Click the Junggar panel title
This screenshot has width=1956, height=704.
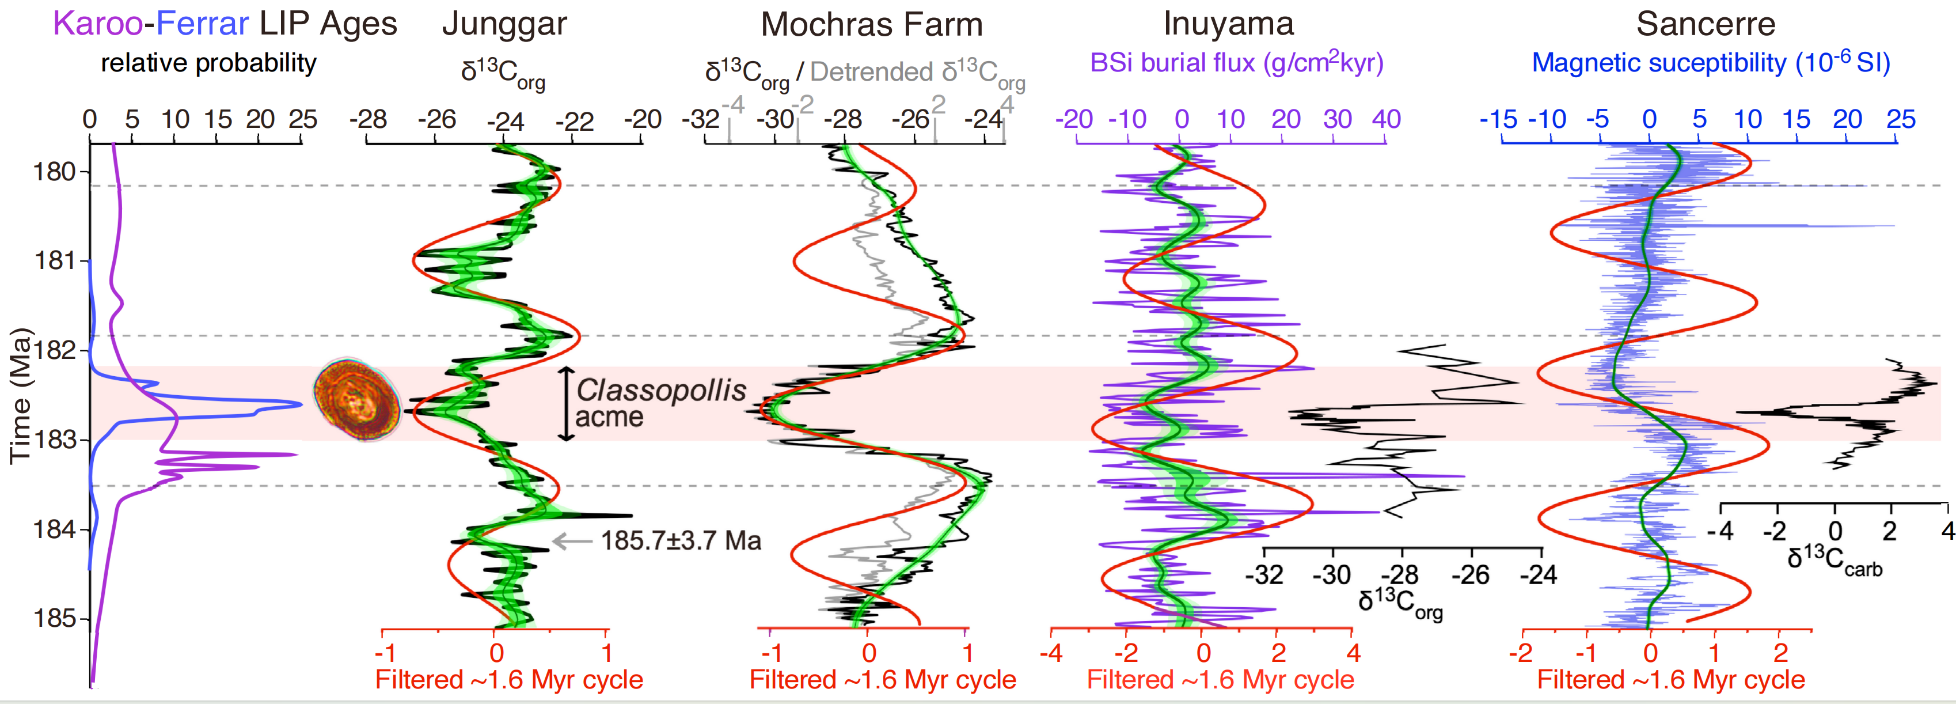click(504, 24)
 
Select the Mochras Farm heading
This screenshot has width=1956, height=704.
click(872, 24)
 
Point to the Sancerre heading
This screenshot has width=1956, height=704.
click(1706, 24)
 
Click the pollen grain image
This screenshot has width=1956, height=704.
click(357, 399)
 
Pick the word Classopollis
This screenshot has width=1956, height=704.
click(660, 391)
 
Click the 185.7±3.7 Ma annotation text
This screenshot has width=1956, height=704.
click(681, 541)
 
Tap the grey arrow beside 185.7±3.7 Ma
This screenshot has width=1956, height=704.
click(571, 541)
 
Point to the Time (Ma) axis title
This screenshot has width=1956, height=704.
click(21, 395)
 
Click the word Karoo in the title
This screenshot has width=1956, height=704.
click(97, 24)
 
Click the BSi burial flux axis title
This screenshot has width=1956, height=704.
click(1236, 63)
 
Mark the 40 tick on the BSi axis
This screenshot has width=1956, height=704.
click(1386, 119)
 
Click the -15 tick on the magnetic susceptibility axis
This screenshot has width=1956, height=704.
click(1498, 119)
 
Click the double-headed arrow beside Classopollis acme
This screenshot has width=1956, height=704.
click(565, 404)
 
